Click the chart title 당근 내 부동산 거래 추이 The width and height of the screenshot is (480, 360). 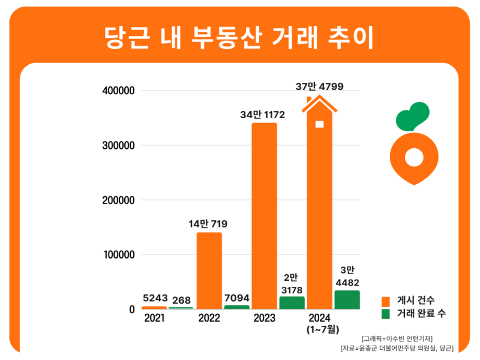239,37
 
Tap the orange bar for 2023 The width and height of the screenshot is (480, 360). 264,216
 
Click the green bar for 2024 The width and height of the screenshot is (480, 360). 347,299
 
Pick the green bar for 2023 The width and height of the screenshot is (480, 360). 292,302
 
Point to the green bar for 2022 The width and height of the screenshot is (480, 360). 236,307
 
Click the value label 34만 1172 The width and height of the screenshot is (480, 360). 262,114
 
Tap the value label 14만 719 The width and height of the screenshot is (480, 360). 208,224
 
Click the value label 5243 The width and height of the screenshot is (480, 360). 155,298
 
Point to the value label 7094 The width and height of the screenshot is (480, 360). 236,298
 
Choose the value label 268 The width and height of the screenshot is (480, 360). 182,299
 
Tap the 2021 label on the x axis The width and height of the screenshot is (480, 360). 155,318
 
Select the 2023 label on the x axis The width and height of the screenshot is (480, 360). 264,318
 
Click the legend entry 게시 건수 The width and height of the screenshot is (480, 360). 414,300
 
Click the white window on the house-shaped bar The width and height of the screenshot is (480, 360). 319,124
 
